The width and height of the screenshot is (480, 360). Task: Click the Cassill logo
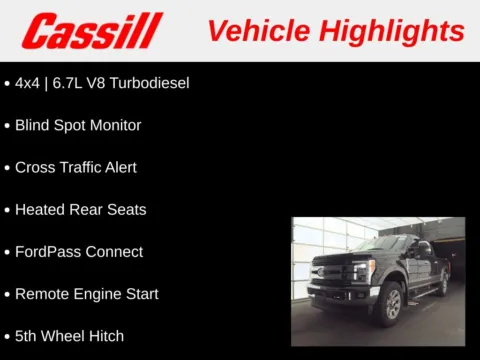coord(92,30)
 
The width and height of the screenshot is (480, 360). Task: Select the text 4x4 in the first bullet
coord(28,83)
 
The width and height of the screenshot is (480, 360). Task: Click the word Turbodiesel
coord(147,83)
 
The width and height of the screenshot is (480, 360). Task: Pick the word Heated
coord(39,210)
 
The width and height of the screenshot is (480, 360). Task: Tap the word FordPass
coord(46,252)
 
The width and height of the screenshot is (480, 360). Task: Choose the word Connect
coord(114,252)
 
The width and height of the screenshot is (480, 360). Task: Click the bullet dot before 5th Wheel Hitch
coord(8,337)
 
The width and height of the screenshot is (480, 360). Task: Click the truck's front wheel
coord(387,304)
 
